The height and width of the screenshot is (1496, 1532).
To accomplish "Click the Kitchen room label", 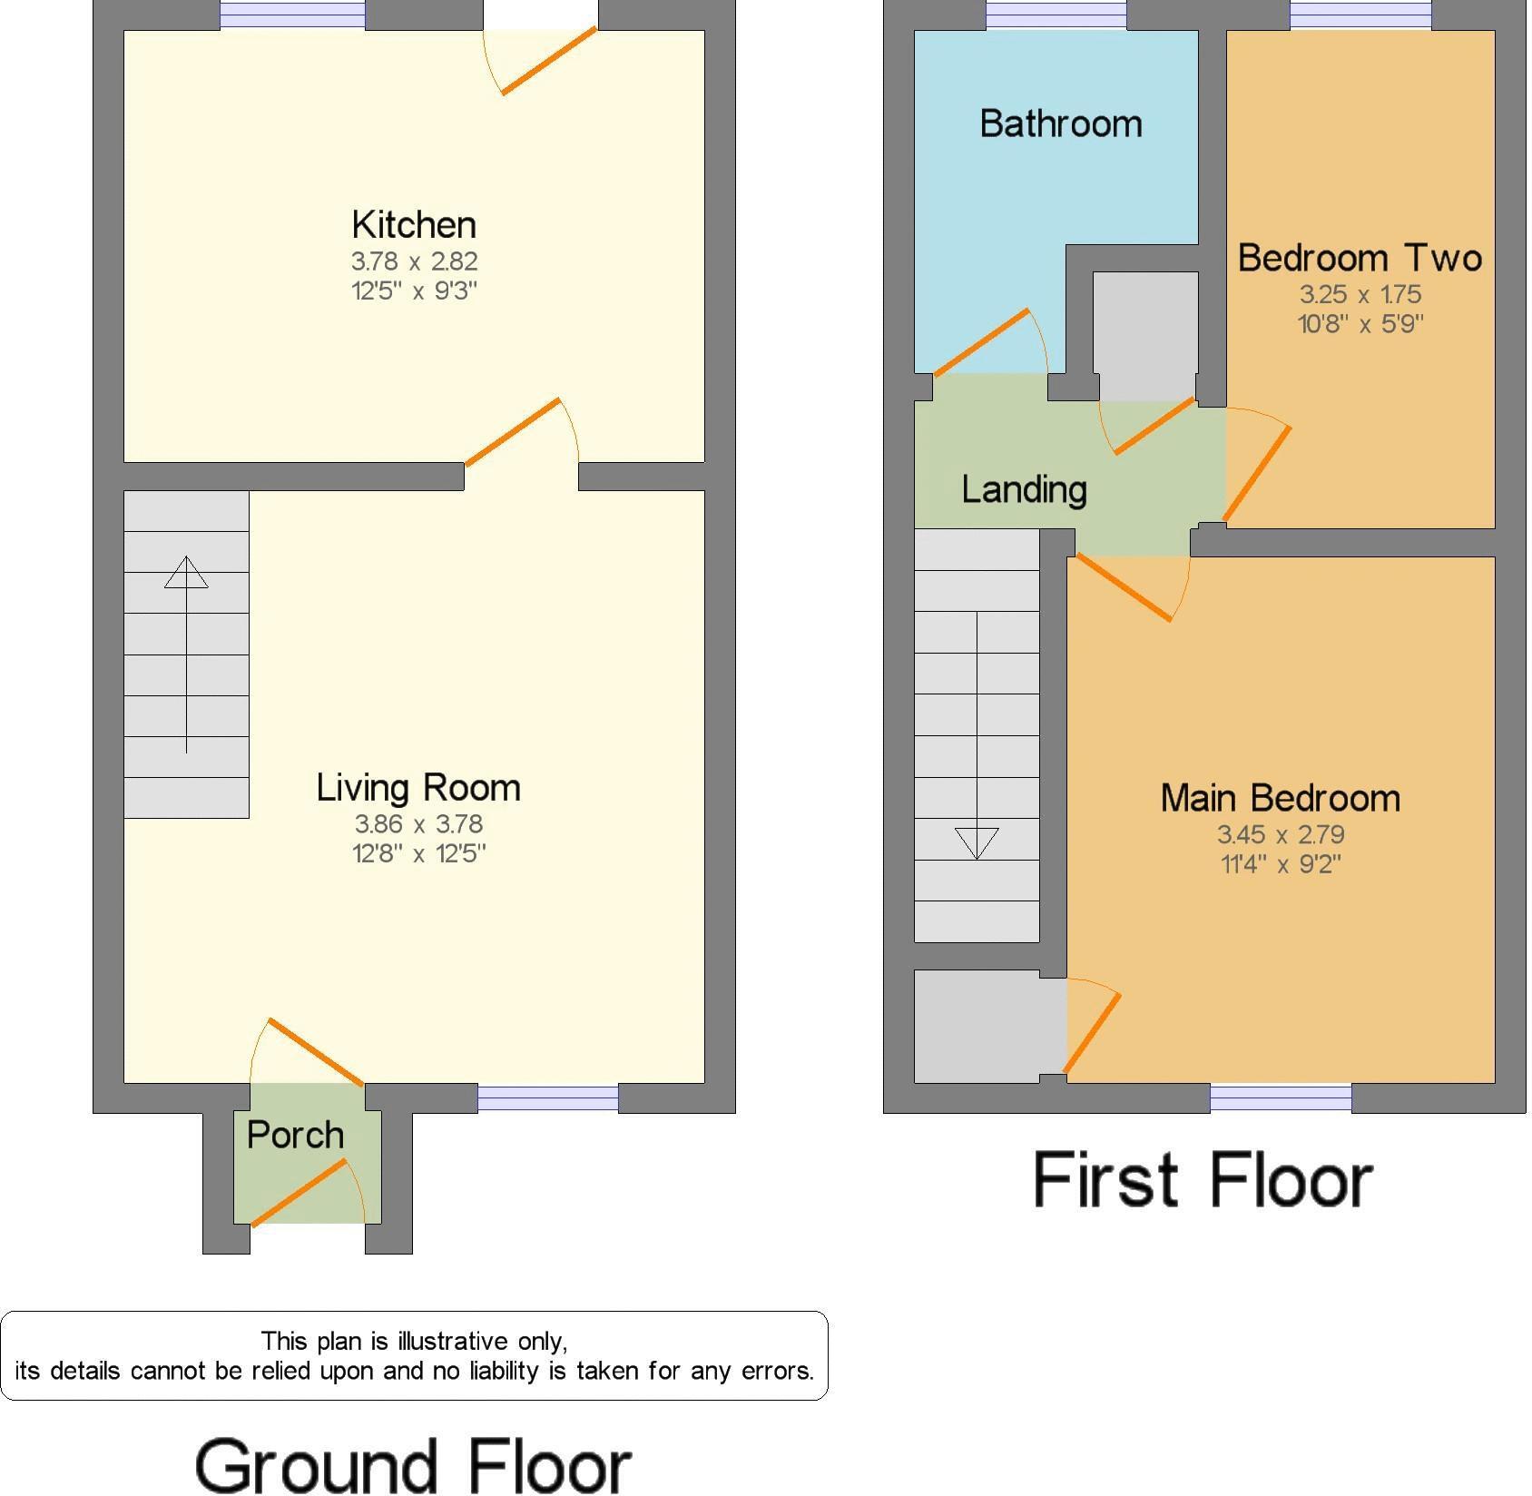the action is [414, 224].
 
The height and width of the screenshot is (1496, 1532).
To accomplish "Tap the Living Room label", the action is [418, 787].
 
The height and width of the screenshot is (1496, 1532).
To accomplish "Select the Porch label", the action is [296, 1135].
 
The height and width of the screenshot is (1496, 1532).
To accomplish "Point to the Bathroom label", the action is [1061, 123].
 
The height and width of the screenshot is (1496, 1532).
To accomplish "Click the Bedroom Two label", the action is [1360, 258].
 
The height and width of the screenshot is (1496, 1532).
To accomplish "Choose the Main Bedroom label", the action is [1281, 798].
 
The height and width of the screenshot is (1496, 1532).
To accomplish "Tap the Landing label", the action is [1025, 489].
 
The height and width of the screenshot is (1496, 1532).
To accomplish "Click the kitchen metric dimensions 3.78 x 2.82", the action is [415, 261].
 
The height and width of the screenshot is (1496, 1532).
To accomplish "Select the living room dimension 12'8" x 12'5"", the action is [419, 853].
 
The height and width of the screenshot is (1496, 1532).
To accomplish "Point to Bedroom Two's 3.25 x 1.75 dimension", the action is [1360, 294].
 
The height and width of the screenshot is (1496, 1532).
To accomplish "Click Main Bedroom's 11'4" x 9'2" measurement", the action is [1281, 863].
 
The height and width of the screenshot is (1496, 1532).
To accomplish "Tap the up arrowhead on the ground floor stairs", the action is [186, 572].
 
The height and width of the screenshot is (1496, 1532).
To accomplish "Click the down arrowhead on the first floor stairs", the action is [977, 843].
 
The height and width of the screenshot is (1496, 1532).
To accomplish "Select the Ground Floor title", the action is [414, 1465].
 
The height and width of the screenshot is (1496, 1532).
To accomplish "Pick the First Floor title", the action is [1203, 1180].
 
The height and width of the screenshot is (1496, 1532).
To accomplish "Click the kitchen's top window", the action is [292, 15].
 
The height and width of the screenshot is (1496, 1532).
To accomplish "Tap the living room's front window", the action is [548, 1098].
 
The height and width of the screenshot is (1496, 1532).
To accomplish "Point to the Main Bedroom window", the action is [1281, 1098].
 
